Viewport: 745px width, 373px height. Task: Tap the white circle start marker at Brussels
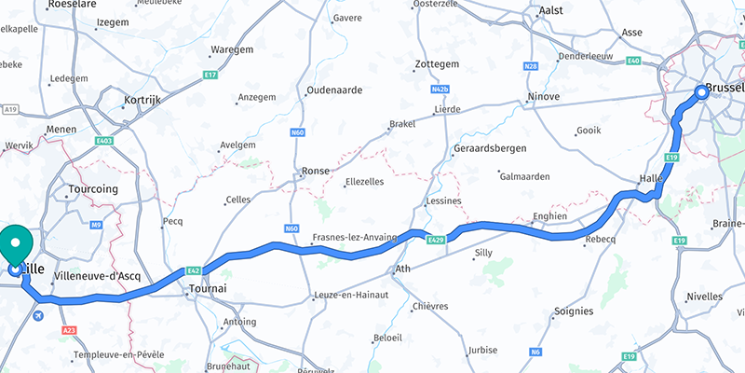[702, 91]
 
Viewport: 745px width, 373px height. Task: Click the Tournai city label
[208, 289]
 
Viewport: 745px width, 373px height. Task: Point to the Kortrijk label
[143, 98]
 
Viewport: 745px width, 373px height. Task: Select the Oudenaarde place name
[333, 91]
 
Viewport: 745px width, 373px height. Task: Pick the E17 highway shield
[210, 75]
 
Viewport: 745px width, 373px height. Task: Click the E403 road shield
[104, 141]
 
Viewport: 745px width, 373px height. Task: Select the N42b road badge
[440, 90]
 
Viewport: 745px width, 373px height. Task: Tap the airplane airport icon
[36, 316]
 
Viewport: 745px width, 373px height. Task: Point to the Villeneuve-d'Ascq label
[97, 276]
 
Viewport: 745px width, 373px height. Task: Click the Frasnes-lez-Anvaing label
[354, 237]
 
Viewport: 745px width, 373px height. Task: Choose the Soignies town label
[573, 311]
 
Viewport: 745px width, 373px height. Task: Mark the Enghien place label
[549, 216]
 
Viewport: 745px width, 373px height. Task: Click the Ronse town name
[317, 172]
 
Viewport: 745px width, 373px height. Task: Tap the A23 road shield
[68, 330]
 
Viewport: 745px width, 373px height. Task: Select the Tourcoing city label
[93, 189]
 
